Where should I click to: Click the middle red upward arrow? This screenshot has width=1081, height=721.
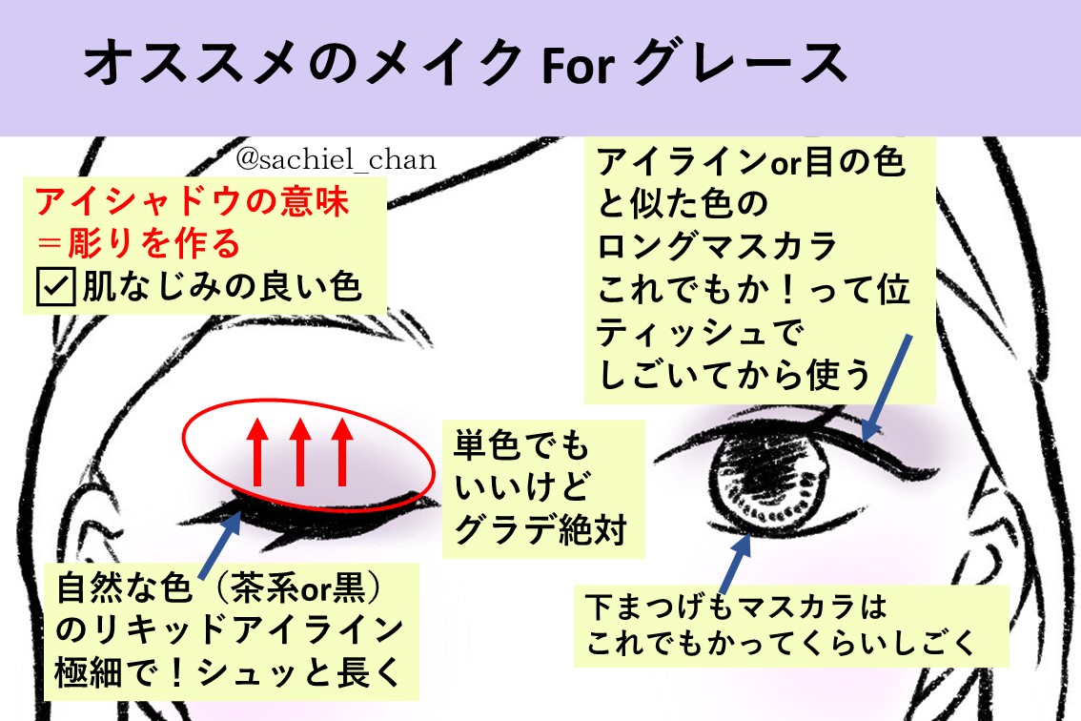point(300,451)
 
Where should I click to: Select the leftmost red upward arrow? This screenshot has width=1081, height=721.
point(256,451)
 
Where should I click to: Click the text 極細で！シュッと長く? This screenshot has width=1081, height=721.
point(226,673)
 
